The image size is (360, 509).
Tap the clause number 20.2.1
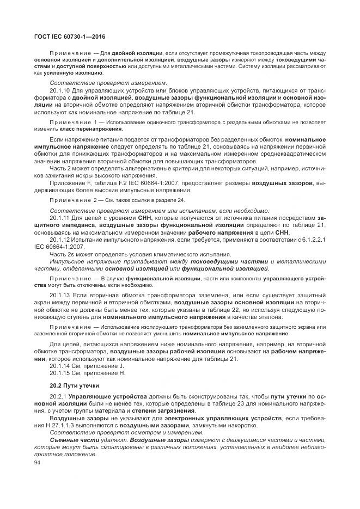point(58,397)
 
